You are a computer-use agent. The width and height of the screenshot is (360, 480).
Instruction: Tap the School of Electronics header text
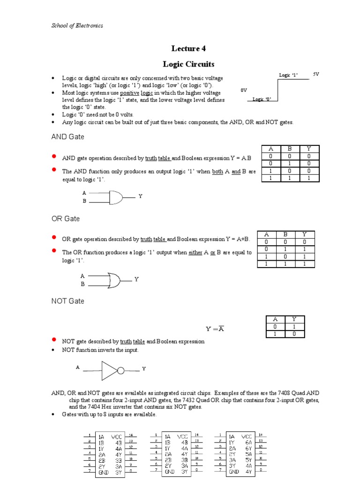pos(77,25)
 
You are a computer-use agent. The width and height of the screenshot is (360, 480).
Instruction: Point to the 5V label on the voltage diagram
pos(316,74)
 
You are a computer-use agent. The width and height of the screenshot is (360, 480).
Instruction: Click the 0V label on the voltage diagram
pos(243,90)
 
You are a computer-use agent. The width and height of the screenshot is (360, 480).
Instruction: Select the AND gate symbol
pos(115,197)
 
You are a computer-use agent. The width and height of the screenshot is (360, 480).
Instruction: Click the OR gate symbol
pos(114,280)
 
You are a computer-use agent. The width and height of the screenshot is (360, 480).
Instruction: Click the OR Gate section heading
pos(65,219)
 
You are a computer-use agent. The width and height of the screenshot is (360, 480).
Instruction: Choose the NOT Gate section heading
pos(67,301)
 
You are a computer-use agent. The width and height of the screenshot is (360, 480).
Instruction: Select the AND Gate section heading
pos(67,137)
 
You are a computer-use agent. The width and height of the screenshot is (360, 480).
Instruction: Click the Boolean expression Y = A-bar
pos(215,329)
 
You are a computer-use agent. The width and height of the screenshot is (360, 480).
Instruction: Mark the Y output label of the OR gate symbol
pos(137,279)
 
